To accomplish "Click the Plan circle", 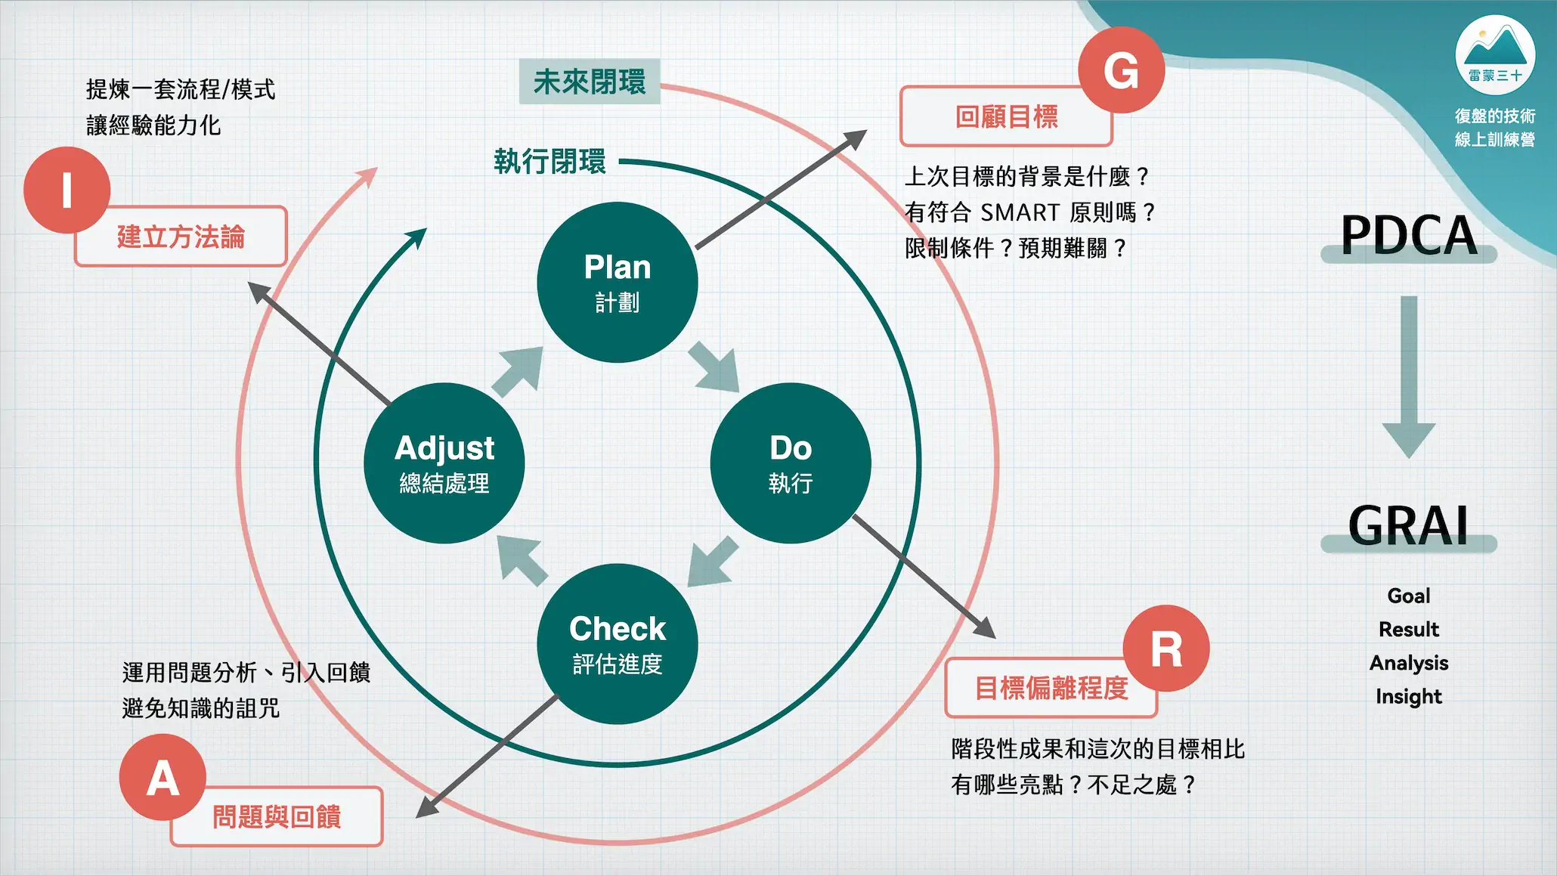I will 617,282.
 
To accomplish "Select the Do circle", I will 790,463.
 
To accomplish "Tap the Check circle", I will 617,643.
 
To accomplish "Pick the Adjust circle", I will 444,463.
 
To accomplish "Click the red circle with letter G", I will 1121,70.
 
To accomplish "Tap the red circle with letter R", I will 1165,648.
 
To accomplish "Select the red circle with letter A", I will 163,778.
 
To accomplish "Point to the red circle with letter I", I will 67,190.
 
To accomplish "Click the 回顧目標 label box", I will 1005,117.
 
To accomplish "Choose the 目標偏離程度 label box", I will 1051,688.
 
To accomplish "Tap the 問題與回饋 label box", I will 277,817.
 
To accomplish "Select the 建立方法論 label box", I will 181,237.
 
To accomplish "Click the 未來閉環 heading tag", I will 590,82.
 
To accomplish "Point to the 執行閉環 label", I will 549,161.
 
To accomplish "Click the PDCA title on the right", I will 1408,235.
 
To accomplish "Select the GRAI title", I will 1408,525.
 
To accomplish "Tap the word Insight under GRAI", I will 1408,696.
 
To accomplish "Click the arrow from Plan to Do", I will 715,367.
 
